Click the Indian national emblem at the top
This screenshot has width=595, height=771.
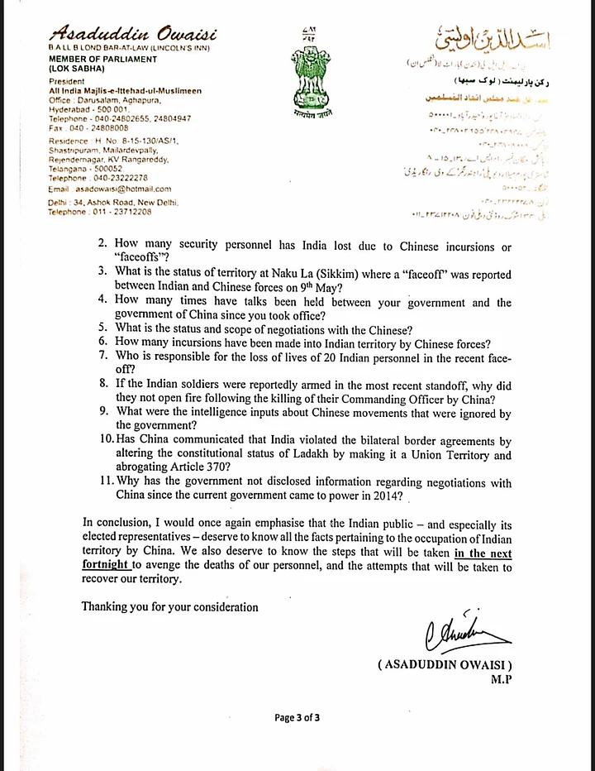tap(303, 79)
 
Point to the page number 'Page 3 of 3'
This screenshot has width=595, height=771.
tap(297, 717)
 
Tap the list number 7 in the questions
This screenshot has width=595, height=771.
tap(103, 356)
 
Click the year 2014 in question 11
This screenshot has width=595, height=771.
tap(386, 496)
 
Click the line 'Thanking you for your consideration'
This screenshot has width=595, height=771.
tap(169, 606)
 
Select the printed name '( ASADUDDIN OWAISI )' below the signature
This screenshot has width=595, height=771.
tap(445, 664)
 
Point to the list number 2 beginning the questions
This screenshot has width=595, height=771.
tap(103, 247)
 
